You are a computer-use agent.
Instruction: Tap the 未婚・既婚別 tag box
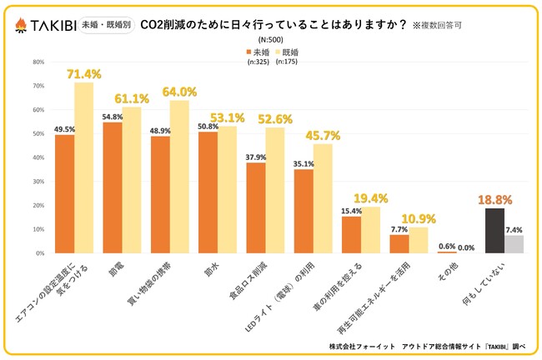click(113, 26)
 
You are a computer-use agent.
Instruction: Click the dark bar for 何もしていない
click(494, 230)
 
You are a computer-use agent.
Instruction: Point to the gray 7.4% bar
click(514, 243)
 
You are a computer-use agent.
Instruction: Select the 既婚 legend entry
click(289, 52)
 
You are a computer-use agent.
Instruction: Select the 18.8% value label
click(494, 200)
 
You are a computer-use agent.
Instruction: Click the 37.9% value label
click(256, 156)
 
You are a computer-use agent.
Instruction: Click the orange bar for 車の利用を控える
click(351, 234)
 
